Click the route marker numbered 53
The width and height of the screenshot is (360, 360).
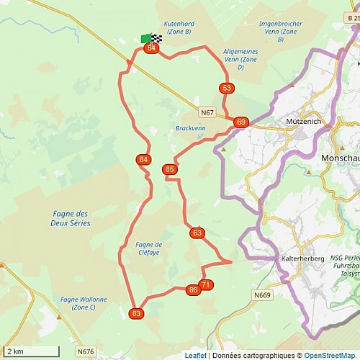pos(227,89)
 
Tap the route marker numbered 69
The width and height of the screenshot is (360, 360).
pos(240,122)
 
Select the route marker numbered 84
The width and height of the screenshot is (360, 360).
pos(143,159)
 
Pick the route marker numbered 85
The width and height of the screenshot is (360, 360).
pos(170,170)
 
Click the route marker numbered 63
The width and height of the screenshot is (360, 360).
pos(197,233)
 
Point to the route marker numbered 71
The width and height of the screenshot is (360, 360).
pos(206,285)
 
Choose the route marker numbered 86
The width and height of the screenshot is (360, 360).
pos(192,290)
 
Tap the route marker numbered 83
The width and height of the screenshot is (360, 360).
pos(137,313)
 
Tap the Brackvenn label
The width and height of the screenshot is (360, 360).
pos(189,129)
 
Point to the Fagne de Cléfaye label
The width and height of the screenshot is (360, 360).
pos(149,249)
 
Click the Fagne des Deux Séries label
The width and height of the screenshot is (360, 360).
pos(71,218)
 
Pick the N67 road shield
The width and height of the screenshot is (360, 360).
pos(207,112)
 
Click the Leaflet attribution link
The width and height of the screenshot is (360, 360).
pos(196,355)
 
